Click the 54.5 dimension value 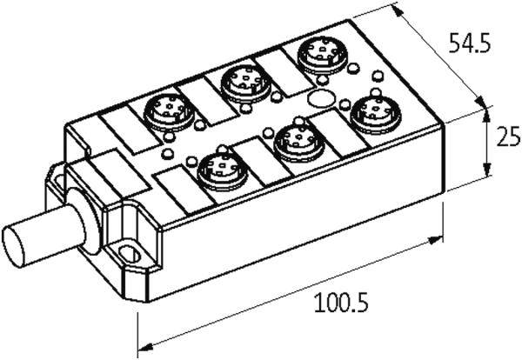470,43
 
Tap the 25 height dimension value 508,136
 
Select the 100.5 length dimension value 341,302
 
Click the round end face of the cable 13,246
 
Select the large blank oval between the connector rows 322,98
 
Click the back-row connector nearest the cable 169,112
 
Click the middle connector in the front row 299,143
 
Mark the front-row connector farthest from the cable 376,114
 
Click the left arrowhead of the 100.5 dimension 144,346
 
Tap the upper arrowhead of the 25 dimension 487,115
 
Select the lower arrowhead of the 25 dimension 487,170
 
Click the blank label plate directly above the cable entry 119,172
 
